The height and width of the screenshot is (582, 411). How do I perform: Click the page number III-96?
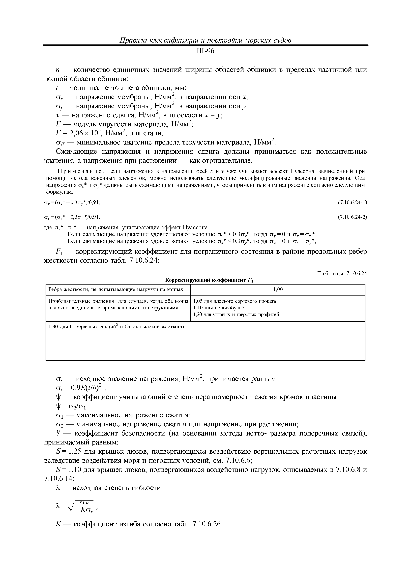[x=205, y=51]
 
